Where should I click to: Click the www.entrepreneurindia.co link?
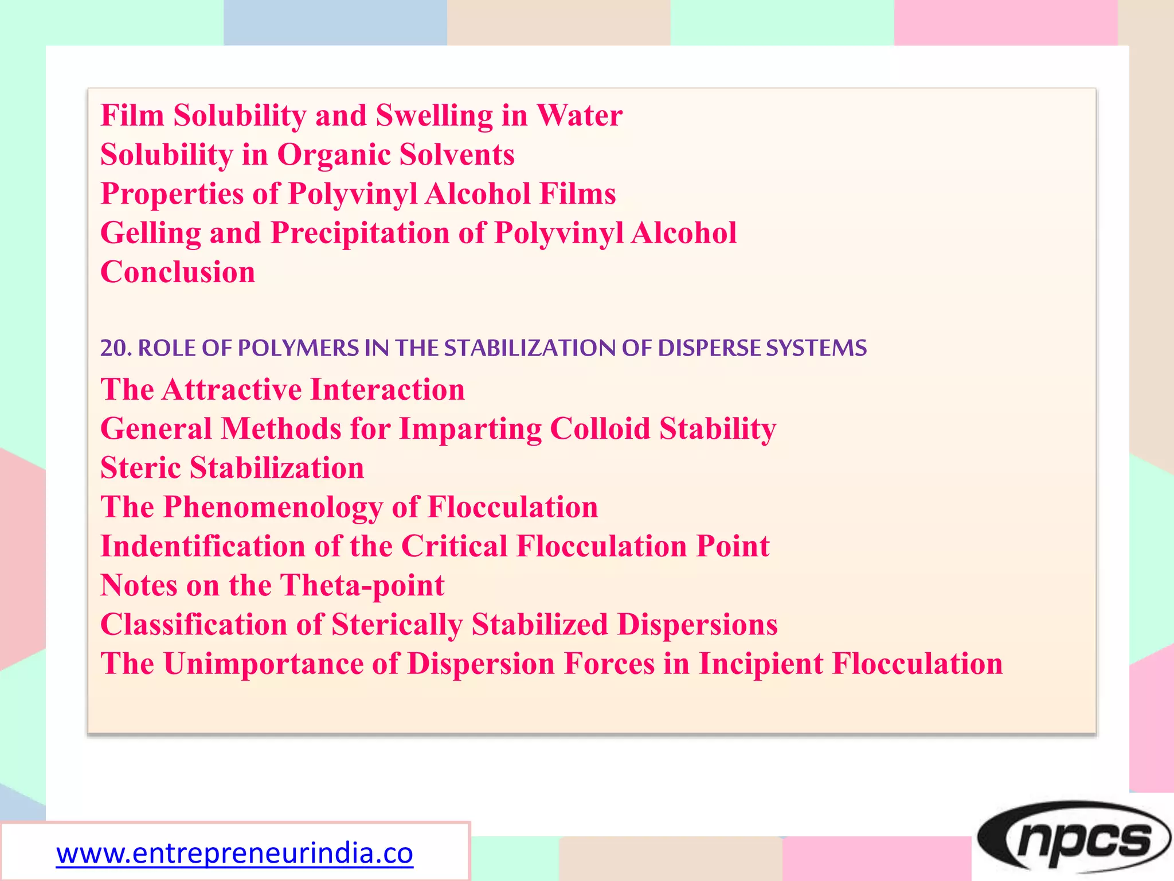point(234,853)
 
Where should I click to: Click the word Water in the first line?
point(579,115)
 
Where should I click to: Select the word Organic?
point(334,155)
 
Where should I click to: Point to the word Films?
point(577,194)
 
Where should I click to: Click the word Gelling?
point(150,233)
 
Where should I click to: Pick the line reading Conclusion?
point(178,272)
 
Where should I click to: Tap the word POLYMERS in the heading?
point(298,348)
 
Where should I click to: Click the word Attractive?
point(232,390)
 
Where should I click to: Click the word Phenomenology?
point(273,507)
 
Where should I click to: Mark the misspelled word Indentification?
point(203,546)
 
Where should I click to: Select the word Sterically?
point(397,625)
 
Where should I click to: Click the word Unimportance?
point(264,664)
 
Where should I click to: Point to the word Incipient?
point(761,664)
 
